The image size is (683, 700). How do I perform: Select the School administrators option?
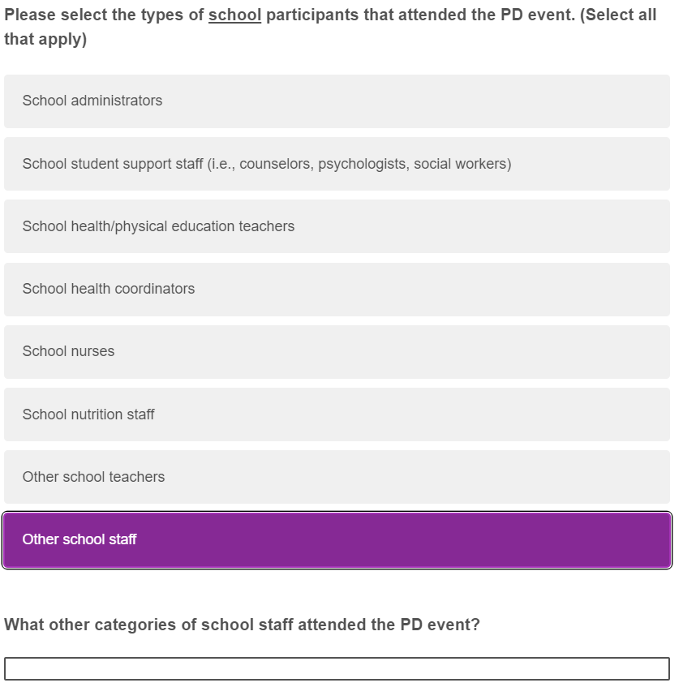click(x=337, y=101)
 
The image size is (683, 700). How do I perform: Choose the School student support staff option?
click(x=337, y=164)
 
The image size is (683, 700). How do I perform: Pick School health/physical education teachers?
click(x=337, y=226)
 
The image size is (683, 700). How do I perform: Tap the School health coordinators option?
click(x=337, y=289)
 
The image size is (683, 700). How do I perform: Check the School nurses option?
click(x=337, y=351)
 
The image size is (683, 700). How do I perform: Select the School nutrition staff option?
click(x=337, y=414)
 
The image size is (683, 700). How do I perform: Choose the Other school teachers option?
click(x=337, y=477)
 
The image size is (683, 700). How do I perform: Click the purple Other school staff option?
click(x=337, y=539)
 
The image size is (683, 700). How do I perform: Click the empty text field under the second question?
click(x=337, y=668)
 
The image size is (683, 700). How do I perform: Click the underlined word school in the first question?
click(x=234, y=15)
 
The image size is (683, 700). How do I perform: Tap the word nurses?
click(x=92, y=351)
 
